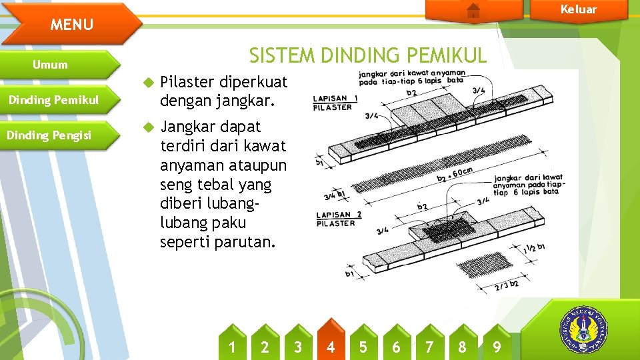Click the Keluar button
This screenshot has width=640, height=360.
click(578, 9)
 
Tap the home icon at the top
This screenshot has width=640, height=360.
click(473, 10)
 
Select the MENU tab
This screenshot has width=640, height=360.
click(72, 25)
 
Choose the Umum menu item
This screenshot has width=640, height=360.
click(51, 65)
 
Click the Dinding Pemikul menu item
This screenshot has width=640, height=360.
click(53, 100)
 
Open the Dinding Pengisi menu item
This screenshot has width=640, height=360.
click(49, 135)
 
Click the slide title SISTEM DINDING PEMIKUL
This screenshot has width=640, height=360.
click(368, 55)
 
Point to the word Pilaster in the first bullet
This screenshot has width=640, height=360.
click(187, 82)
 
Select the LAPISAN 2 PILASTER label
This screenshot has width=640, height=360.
click(338, 219)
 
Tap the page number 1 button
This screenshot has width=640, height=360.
click(232, 347)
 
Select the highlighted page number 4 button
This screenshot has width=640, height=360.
click(331, 347)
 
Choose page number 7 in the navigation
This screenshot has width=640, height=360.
click(429, 347)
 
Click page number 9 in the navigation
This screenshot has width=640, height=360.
click(496, 347)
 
